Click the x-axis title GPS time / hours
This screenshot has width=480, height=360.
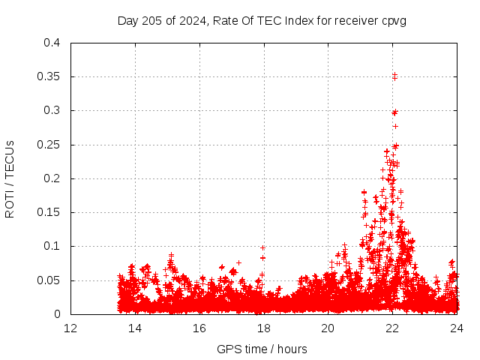[262, 349]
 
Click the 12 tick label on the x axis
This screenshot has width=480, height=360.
[70, 328]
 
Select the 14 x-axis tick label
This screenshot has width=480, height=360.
[135, 328]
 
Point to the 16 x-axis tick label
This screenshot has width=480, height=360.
[199, 328]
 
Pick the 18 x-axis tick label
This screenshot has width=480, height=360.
[263, 328]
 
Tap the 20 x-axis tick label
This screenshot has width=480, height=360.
[328, 328]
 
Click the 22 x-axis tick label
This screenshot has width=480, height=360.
[392, 328]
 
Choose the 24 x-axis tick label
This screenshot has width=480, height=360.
[456, 328]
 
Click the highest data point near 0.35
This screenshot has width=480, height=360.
[394, 74]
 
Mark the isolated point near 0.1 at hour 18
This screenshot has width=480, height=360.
[263, 247]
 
